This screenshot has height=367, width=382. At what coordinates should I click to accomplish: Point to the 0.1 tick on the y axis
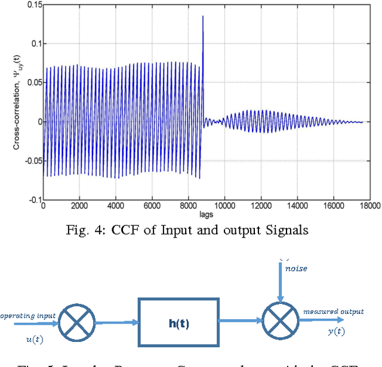click(34, 43)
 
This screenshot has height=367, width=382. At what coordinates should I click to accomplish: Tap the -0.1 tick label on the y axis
click(33, 200)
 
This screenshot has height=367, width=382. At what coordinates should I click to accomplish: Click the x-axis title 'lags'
click(205, 213)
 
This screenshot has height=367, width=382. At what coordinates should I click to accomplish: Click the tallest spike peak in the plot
click(203, 17)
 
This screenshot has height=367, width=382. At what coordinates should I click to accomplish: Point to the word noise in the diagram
click(296, 269)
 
